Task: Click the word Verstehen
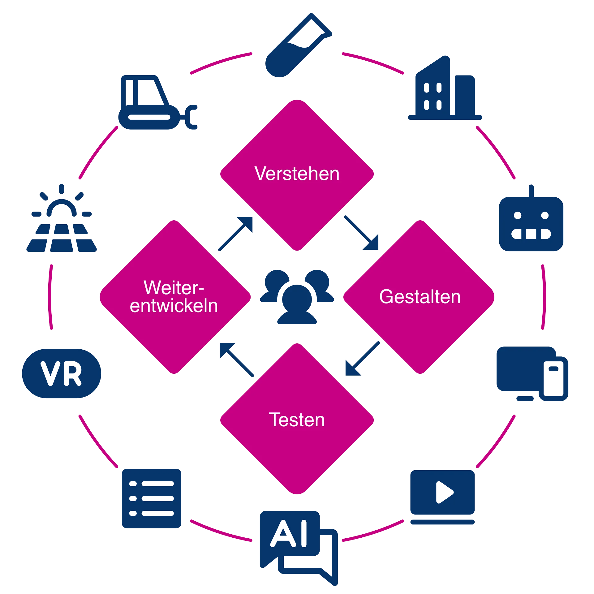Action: pyautogui.click(x=297, y=174)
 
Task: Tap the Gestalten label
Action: pyautogui.click(x=420, y=297)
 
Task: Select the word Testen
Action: pyautogui.click(x=297, y=420)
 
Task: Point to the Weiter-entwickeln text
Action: pyautogui.click(x=174, y=297)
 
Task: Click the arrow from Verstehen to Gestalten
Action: pyautogui.click(x=361, y=233)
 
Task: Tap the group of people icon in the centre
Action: pyautogui.click(x=297, y=297)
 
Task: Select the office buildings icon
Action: pyautogui.click(x=445, y=90)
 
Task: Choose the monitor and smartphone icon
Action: pyautogui.click(x=532, y=374)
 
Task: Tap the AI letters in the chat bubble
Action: pyautogui.click(x=290, y=534)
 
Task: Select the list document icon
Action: pyautogui.click(x=151, y=499)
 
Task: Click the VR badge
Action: pyautogui.click(x=62, y=373)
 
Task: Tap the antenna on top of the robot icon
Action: pyautogui.click(x=531, y=190)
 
